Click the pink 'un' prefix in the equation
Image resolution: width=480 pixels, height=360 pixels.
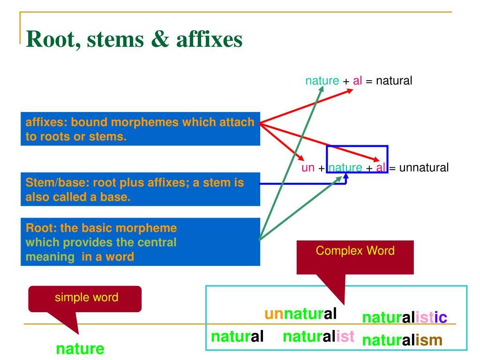click(308, 167)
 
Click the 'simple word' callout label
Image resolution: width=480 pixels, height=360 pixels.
click(84, 297)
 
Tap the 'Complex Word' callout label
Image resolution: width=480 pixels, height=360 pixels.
click(355, 250)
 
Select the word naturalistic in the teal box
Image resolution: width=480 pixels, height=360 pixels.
click(405, 318)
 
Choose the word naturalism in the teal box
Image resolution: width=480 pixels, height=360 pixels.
click(402, 340)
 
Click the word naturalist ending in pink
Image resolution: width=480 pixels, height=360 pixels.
click(318, 336)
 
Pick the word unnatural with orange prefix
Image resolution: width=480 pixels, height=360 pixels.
click(301, 313)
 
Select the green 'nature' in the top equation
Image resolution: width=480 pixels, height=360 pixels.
click(322, 81)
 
